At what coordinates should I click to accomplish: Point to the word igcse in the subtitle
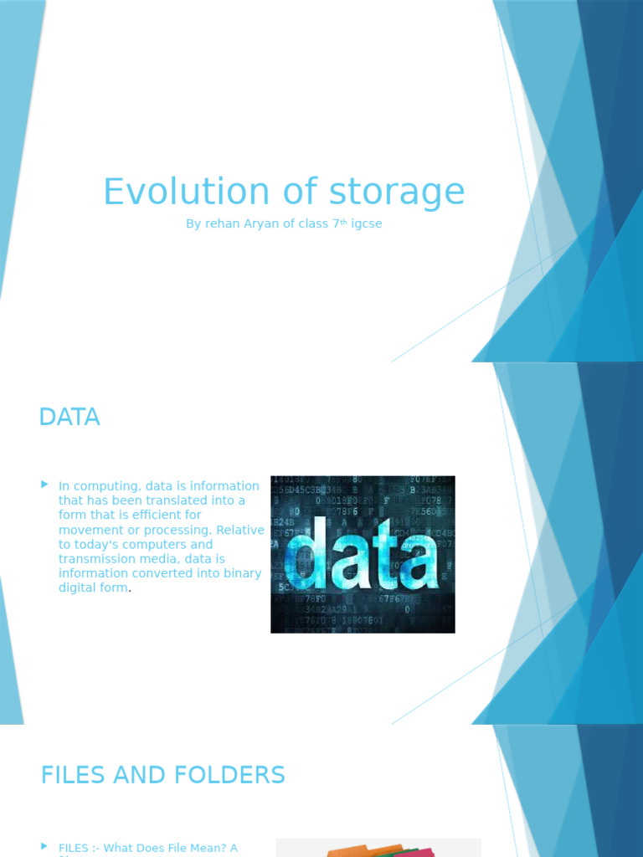pos(366,224)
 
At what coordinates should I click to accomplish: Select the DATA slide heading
pos(69,417)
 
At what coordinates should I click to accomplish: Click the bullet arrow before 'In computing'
pos(44,485)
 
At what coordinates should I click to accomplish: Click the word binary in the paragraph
pos(242,573)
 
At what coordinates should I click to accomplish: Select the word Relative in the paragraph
pos(241,530)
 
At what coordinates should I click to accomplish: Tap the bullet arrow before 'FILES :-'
pos(44,847)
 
